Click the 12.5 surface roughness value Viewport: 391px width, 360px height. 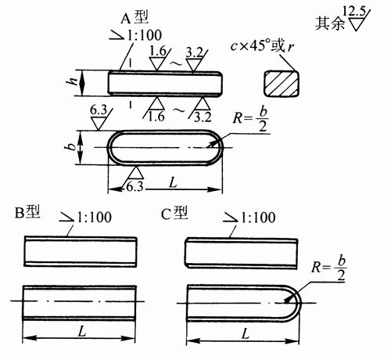[353, 12]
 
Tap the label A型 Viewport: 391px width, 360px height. [135, 18]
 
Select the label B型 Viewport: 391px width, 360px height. [27, 212]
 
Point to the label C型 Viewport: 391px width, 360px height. [174, 213]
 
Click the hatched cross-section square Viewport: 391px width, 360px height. [282, 84]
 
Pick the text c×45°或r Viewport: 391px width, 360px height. [262, 46]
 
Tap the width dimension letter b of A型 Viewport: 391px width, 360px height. [70, 148]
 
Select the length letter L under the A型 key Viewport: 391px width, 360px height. [173, 183]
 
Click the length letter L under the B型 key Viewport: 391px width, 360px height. [82, 332]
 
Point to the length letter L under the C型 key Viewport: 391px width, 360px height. [246, 333]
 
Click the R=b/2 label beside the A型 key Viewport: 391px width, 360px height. [250, 119]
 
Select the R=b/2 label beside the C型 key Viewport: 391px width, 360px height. [329, 268]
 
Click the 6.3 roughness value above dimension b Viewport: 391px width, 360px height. [99, 110]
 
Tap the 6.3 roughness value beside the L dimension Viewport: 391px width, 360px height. [135, 186]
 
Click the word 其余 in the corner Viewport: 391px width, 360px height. [330, 23]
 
